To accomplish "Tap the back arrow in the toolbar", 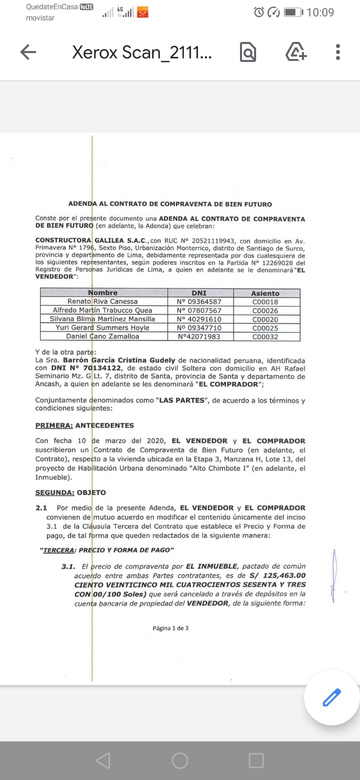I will tap(28, 52).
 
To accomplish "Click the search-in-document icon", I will tap(248, 52).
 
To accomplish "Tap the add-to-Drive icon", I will tap(296, 52).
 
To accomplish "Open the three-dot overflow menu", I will tap(338, 52).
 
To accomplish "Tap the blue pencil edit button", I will tap(332, 697).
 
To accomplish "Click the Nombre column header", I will tap(103, 293).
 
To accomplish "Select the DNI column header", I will tap(199, 293).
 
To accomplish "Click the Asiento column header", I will tap(265, 293).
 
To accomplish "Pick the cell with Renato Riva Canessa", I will tap(102, 302).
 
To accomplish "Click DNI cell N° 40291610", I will tap(199, 319).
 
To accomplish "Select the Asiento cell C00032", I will tap(265, 337).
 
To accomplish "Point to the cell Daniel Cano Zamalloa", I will tap(102, 336).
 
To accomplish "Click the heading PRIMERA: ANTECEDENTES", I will tap(84, 426).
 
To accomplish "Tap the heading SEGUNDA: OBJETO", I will tap(70, 493).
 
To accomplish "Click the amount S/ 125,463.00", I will tap(278, 576).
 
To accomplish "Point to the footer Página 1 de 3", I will tap(170, 628).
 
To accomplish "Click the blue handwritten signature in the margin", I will tap(334, 575).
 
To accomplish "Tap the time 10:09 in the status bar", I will tap(320, 12).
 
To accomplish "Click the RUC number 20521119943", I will tap(214, 241).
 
